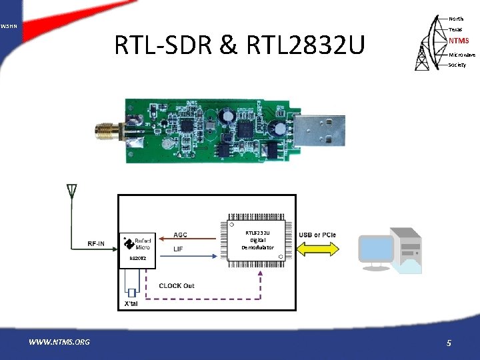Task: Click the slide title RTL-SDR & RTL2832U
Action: [x=240, y=46]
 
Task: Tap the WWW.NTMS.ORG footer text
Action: [x=59, y=343]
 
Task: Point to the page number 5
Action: [x=449, y=343]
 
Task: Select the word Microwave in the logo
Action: [x=461, y=54]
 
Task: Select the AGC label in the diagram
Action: [x=180, y=235]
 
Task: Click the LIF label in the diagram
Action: [x=178, y=249]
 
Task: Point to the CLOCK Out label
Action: [x=177, y=285]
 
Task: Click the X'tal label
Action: [x=131, y=304]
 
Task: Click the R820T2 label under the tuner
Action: [x=129, y=258]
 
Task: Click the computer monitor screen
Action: [x=376, y=249]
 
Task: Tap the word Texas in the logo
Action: [x=455, y=29]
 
